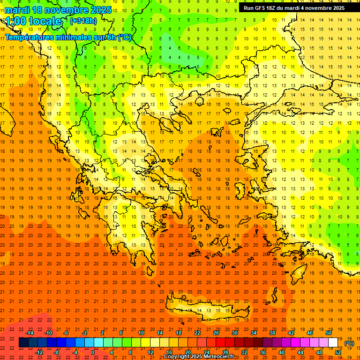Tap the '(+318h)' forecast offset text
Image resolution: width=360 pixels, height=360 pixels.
coord(83,21)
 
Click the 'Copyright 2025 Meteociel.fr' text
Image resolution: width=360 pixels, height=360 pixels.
coord(199,357)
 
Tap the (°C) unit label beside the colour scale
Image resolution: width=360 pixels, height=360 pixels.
coord(349,343)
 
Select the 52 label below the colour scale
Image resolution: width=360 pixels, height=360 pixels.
coord(338,352)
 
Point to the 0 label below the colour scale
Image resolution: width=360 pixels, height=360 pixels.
coord(93,352)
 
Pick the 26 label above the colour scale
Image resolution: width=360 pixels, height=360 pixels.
coord(216,333)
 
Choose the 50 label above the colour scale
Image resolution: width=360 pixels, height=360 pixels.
coord(329,333)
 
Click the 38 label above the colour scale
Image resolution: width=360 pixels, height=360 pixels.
coord(272,333)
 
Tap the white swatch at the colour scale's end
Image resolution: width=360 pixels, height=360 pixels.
coord(333,343)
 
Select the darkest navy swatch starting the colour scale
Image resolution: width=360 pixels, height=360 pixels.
coord(24,343)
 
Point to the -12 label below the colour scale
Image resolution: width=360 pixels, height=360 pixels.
coord(39,352)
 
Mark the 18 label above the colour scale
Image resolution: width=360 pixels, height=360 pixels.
coord(179,333)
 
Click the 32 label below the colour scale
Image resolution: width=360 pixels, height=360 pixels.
coord(244,352)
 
